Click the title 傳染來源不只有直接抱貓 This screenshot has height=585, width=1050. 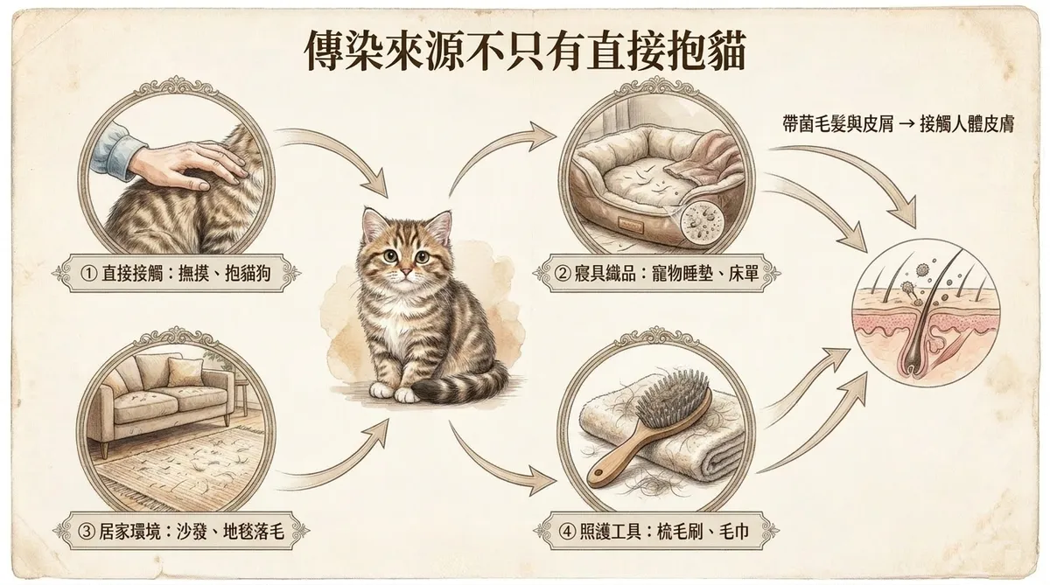pyautogui.click(x=525, y=52)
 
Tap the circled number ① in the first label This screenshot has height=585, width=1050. pyautogui.click(x=88, y=274)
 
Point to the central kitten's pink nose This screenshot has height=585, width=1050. pyautogui.click(x=405, y=272)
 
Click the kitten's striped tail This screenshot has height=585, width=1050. pyautogui.click(x=459, y=387)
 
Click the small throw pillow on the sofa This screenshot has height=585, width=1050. pyautogui.click(x=185, y=372)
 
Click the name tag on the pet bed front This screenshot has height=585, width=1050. pyautogui.click(x=631, y=223)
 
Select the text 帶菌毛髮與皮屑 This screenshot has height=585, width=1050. pyautogui.click(x=837, y=124)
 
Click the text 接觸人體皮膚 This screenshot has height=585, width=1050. pyautogui.click(x=967, y=124)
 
